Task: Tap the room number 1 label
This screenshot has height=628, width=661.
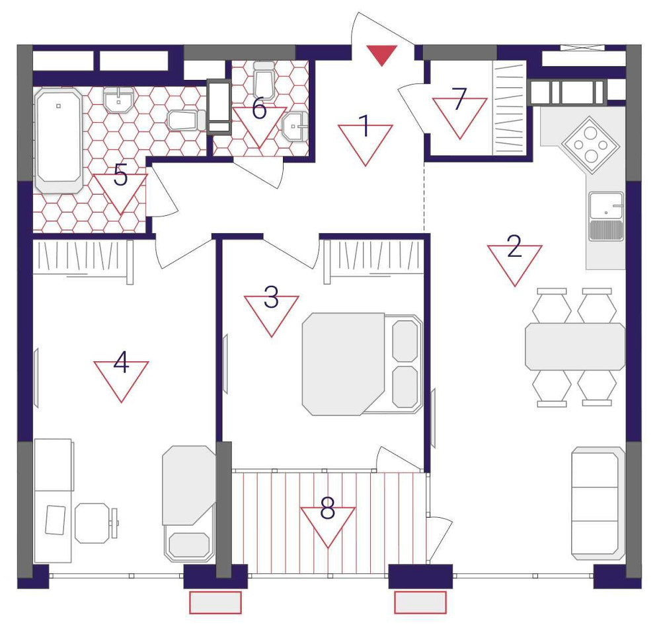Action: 364,126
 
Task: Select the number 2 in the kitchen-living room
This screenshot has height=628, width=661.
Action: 514,246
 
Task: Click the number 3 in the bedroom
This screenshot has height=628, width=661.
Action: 271,297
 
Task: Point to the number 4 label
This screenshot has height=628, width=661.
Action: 121,363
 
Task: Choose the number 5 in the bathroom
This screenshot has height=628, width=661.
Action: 120,175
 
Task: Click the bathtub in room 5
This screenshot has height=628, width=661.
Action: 59,140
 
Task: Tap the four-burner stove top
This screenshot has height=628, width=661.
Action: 590,145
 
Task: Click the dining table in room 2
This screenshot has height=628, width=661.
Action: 575,347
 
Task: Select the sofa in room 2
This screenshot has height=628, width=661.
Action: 598,504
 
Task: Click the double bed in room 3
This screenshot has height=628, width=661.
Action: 362,364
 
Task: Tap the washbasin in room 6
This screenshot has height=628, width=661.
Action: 295,125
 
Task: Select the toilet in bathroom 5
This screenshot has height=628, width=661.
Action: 186,120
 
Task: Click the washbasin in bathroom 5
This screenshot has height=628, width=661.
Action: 119,100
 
